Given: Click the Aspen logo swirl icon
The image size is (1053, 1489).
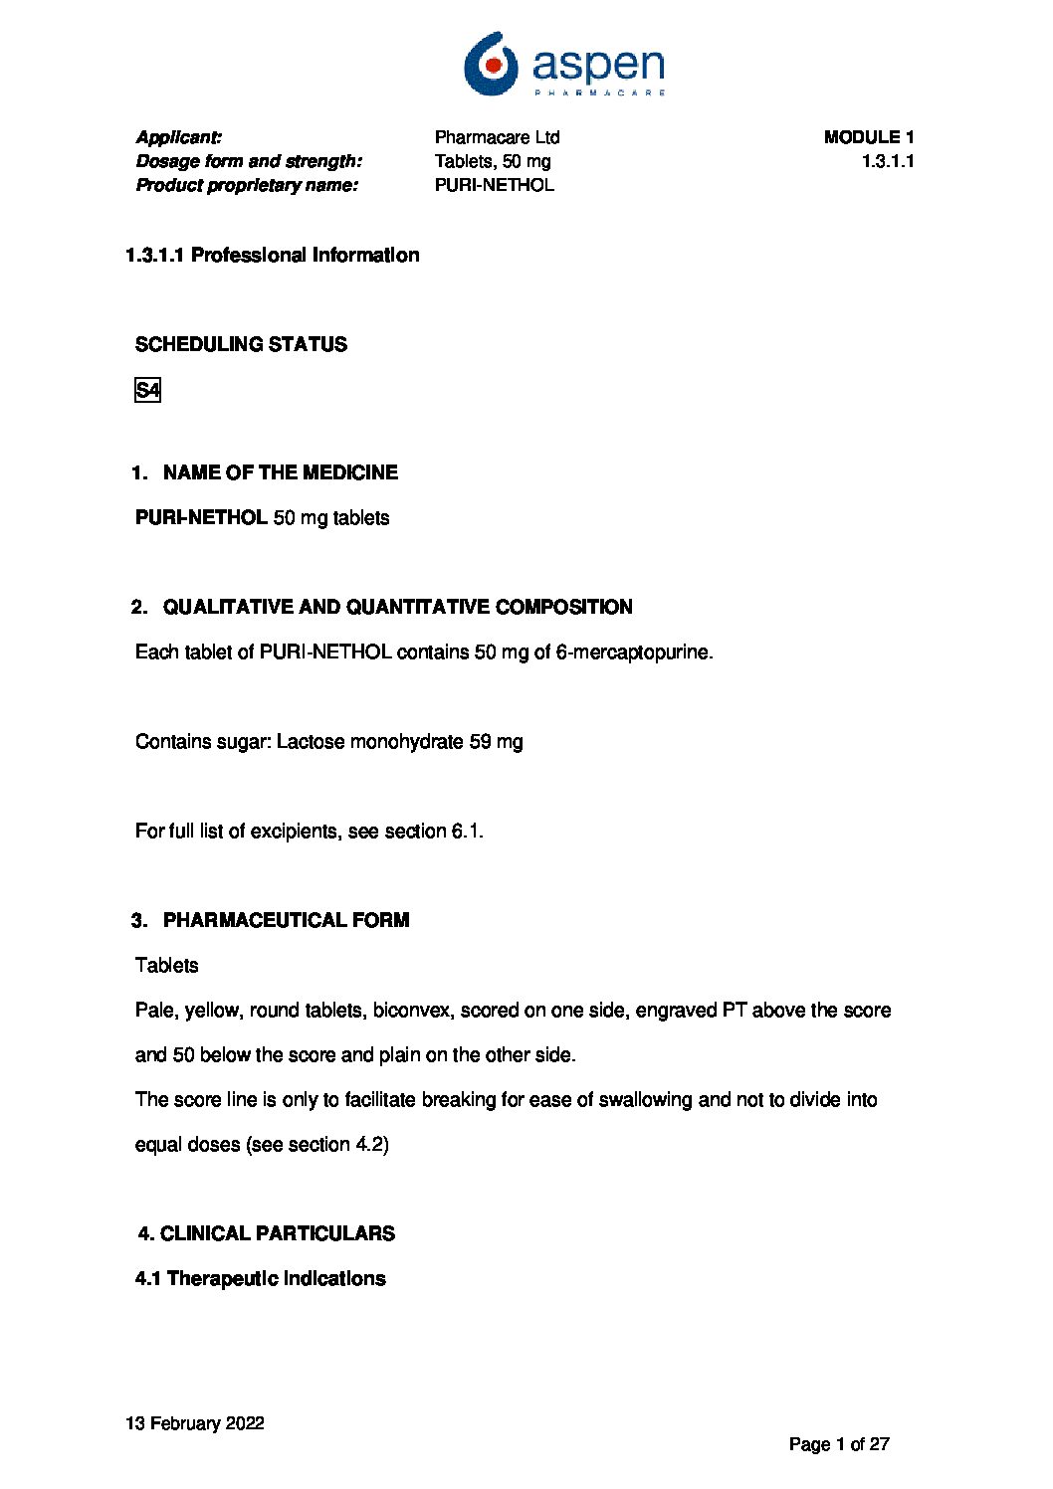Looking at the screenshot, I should pyautogui.click(x=491, y=63).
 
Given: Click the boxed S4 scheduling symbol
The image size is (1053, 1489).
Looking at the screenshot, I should pyautogui.click(x=147, y=390).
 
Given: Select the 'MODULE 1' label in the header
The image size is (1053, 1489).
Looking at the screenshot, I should pyautogui.click(x=868, y=137).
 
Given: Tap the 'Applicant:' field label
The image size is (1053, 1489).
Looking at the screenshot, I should pyautogui.click(x=179, y=137).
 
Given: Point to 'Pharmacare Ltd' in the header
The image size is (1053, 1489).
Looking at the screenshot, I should pyautogui.click(x=497, y=137).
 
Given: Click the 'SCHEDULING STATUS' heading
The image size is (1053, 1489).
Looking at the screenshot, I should pyautogui.click(x=241, y=344).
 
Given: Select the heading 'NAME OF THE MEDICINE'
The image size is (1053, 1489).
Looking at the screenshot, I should pyautogui.click(x=280, y=472).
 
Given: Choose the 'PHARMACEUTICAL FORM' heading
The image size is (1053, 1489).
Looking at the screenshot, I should pyautogui.click(x=286, y=920).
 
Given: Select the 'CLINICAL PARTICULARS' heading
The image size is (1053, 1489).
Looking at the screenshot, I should pyautogui.click(x=277, y=1233).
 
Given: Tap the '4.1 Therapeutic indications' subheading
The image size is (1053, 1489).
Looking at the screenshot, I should pyautogui.click(x=260, y=1278).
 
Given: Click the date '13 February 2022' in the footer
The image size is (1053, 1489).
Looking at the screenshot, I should pyautogui.click(x=195, y=1423).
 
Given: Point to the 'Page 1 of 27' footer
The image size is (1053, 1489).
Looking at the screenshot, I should pyautogui.click(x=839, y=1444).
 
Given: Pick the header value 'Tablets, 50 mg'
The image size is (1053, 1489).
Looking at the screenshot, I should pyautogui.click(x=492, y=161).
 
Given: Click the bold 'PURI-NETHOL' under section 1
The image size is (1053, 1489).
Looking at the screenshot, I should pyautogui.click(x=201, y=518).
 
